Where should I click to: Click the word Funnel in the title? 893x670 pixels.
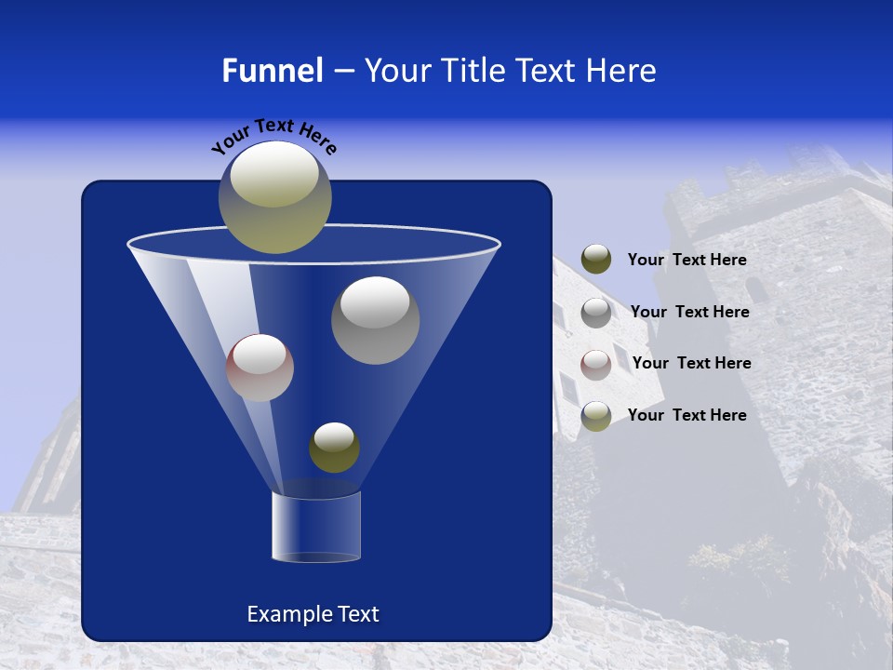tap(272, 71)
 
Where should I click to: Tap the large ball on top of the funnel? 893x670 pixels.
tap(274, 197)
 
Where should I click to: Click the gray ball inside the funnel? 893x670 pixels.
tap(375, 320)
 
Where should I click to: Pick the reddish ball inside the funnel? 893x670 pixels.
tap(260, 368)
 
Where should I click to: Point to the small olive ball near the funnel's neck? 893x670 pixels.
tap(334, 448)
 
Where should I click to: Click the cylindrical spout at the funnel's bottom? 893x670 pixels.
tap(316, 527)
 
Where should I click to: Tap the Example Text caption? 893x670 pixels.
tap(313, 614)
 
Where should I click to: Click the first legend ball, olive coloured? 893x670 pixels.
tap(596, 260)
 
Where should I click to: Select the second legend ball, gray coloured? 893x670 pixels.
tap(596, 313)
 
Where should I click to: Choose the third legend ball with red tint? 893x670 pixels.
tap(596, 364)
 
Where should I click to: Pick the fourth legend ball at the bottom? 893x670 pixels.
tap(596, 416)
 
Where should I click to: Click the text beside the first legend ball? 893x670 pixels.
tap(686, 261)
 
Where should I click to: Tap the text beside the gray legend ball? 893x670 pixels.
tap(689, 312)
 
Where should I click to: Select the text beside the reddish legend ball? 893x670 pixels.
tap(691, 363)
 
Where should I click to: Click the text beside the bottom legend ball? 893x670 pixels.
tap(686, 415)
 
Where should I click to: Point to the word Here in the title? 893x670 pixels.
tap(620, 71)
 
